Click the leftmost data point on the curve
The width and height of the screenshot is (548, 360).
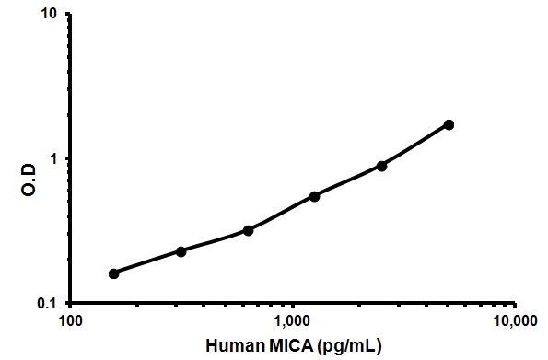[113, 273]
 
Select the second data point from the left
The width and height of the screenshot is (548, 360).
[181, 251]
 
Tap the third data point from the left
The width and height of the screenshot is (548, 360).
[248, 230]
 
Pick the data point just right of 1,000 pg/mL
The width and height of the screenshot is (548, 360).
[315, 196]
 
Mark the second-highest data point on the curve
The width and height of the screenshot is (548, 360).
[381, 166]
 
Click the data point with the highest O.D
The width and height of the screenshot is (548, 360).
[449, 124]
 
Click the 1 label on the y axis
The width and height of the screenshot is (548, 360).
[52, 158]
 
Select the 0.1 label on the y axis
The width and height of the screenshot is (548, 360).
[46, 303]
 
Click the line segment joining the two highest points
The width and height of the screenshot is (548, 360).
[415, 145]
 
